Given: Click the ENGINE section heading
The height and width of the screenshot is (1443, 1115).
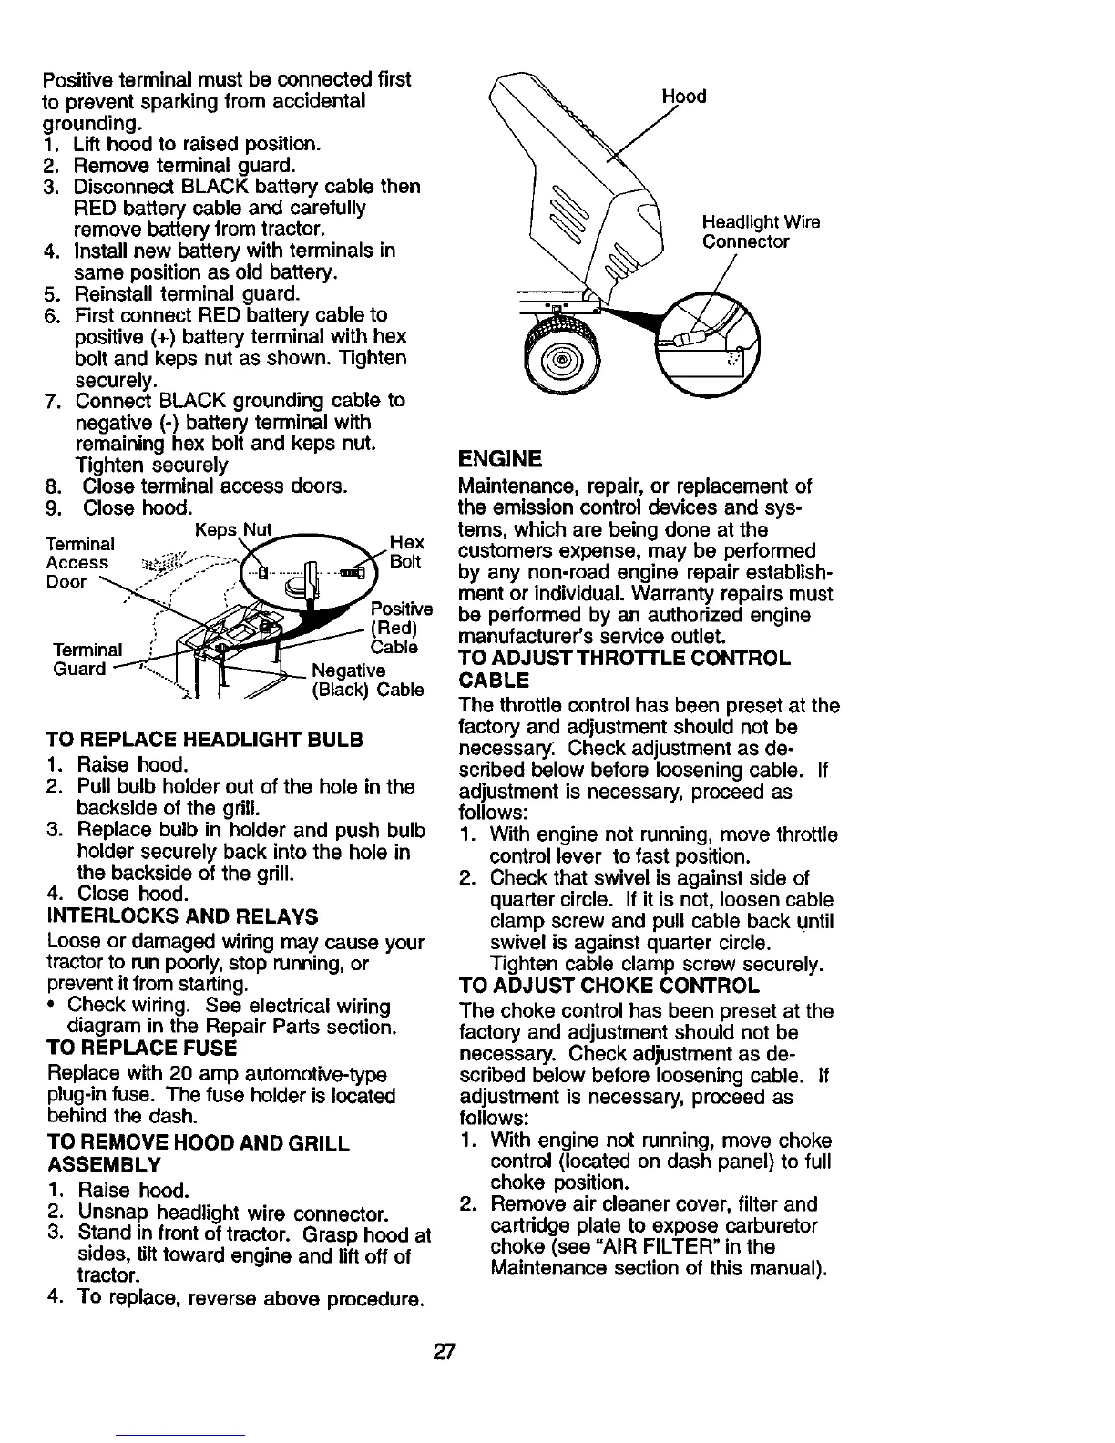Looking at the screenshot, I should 501,457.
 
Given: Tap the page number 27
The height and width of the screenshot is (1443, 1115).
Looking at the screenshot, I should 445,1351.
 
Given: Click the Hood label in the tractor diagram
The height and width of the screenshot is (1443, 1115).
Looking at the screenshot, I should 684,97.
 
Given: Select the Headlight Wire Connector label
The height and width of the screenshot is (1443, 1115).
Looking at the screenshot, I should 761,231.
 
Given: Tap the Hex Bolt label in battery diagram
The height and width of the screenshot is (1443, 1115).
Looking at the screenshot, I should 405,551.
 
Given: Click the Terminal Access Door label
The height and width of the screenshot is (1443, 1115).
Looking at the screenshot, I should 79,563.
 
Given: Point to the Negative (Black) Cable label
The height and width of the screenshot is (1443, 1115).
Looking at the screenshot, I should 366,681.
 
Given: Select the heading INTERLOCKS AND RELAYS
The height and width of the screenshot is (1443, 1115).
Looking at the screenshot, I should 181,916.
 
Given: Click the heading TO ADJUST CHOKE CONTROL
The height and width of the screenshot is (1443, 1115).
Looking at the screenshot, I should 609,986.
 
